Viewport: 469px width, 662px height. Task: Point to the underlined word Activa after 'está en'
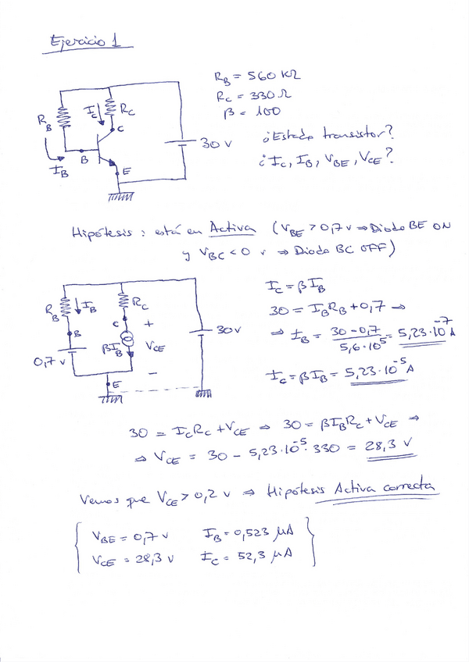coord(232,229)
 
